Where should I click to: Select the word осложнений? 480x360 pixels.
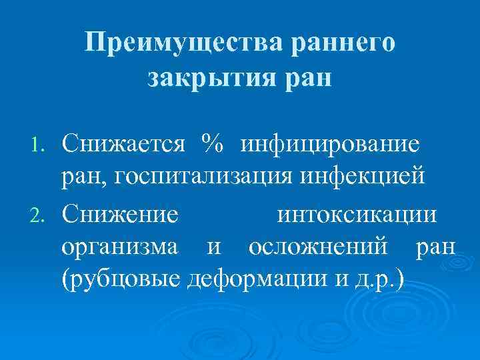317,248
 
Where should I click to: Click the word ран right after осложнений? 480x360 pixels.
435,249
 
